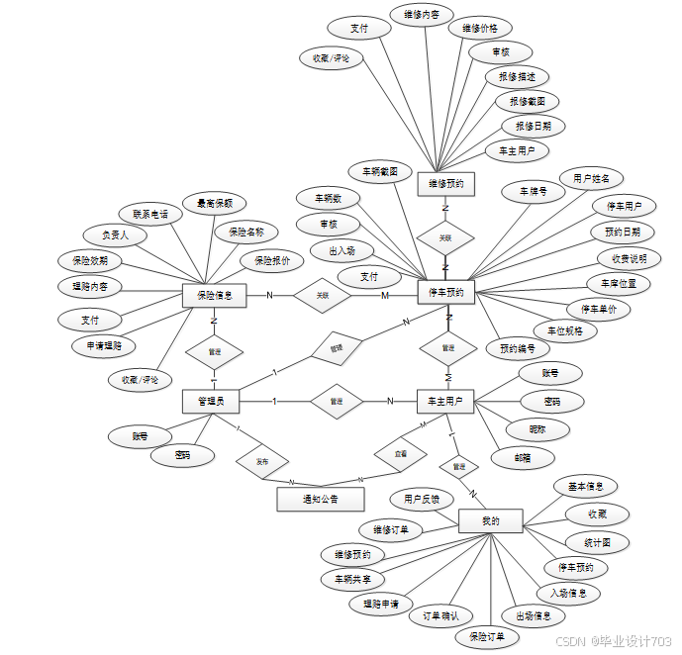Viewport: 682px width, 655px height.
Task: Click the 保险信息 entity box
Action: [214, 294]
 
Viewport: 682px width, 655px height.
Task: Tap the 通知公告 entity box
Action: [320, 498]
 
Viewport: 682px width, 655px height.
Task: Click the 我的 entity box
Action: [490, 520]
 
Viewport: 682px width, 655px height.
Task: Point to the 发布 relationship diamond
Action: [261, 461]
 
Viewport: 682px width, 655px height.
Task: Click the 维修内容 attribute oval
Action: [421, 16]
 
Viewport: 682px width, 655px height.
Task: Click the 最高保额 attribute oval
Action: [215, 204]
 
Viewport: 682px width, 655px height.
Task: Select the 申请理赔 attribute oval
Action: [104, 345]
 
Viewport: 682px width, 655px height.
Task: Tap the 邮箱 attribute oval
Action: [522, 457]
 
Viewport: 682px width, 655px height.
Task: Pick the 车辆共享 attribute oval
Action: [352, 579]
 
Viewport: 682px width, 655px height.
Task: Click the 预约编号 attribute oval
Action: [517, 348]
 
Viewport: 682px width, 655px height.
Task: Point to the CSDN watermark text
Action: [614, 640]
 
